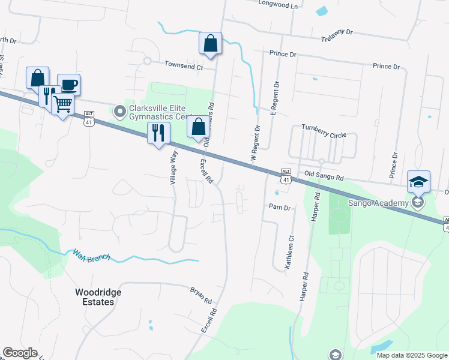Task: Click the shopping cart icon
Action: pos(62,104)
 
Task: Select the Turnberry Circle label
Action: pos(324,131)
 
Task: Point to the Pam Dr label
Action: pos(279,208)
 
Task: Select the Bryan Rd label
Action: pos(202,294)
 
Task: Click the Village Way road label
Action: pos(173,166)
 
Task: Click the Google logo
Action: pos(20,353)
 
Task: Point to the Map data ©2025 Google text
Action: pos(411,355)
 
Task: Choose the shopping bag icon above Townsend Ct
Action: pos(211,43)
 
